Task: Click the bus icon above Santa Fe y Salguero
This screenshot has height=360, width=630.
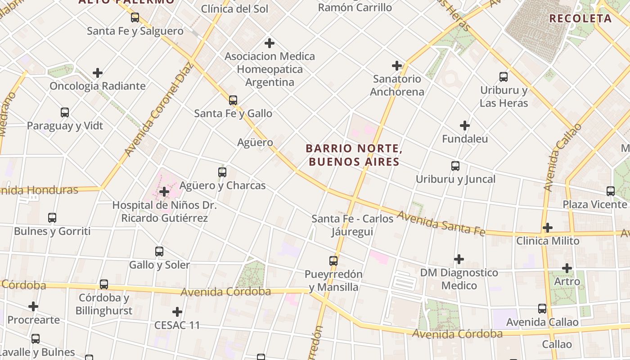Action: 135,18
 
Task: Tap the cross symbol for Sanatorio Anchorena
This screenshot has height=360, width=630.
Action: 397,66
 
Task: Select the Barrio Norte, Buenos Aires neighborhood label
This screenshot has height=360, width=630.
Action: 354,155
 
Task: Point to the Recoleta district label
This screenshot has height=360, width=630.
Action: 580,18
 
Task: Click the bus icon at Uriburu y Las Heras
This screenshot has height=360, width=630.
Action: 504,77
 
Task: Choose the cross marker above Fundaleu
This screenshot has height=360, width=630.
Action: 465,126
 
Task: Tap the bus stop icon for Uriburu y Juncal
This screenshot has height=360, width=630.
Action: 455,166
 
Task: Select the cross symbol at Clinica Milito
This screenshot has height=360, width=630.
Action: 547,228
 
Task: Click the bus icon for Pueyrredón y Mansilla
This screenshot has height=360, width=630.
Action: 333,261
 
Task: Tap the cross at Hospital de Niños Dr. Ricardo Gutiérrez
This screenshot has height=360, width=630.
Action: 164,192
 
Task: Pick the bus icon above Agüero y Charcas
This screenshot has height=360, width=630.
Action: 222,172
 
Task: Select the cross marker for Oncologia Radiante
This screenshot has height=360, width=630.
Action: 98,73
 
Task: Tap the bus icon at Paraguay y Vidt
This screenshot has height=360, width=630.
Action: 65,112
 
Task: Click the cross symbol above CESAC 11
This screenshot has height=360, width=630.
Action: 177,311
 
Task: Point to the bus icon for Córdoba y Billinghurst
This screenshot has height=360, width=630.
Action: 104,284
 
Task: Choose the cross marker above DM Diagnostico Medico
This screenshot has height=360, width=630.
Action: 459,259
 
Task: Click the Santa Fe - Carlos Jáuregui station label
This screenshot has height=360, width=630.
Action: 353,225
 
